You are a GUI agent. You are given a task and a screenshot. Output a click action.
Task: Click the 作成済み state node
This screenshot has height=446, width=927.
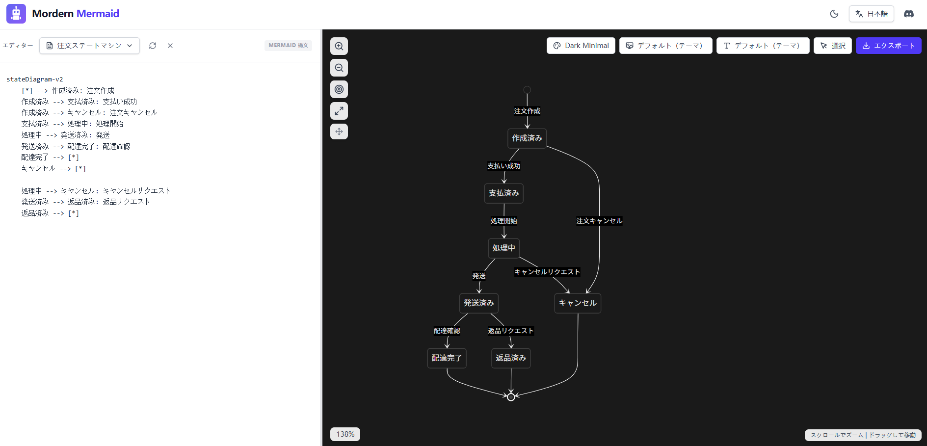[x=527, y=138]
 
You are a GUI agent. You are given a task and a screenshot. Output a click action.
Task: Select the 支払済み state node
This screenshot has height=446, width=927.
[x=504, y=193]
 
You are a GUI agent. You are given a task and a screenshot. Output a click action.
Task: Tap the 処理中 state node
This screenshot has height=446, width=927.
[x=504, y=248]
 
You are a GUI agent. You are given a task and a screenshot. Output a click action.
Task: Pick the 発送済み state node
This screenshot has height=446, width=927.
[x=479, y=303]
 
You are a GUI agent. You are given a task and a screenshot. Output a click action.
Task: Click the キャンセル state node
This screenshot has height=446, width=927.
[x=578, y=303]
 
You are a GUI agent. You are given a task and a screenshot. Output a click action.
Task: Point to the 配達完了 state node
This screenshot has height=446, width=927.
[x=447, y=358]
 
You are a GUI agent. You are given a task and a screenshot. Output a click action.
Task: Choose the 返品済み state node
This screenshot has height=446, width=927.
[x=511, y=358]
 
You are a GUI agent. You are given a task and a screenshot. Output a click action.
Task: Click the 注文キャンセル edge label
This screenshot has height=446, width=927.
[x=599, y=221]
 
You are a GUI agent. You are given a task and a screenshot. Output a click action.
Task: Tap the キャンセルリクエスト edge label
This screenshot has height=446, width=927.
[x=547, y=272]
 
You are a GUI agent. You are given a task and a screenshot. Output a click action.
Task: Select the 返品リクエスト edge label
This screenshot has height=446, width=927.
[x=511, y=331]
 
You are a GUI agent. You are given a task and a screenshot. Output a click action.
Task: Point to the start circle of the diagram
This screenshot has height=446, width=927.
[x=527, y=90]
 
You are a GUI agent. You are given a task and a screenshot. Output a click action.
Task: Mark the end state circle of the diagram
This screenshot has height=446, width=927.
[x=511, y=397]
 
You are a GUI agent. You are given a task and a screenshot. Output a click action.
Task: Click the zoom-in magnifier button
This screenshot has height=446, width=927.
[x=339, y=46]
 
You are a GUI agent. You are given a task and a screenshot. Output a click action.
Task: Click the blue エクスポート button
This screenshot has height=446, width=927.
[x=888, y=46]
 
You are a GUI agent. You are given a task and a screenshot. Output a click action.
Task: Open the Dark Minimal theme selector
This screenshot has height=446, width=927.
[x=581, y=46]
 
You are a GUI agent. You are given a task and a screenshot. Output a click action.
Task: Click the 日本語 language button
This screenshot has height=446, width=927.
[x=872, y=14]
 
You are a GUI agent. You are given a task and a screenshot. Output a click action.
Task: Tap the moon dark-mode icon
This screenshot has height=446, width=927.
[x=834, y=14]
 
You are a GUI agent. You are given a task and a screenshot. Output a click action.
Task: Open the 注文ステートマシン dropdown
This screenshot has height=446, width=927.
[x=89, y=46]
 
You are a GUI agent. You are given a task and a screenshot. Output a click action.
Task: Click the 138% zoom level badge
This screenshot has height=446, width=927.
[x=345, y=434]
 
